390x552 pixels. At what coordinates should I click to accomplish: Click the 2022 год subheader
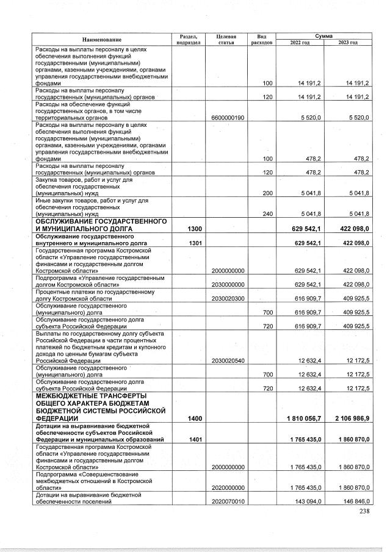tap(300, 42)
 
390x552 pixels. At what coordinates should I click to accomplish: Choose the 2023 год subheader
tap(347, 42)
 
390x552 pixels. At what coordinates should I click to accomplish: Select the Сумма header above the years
tap(323, 36)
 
